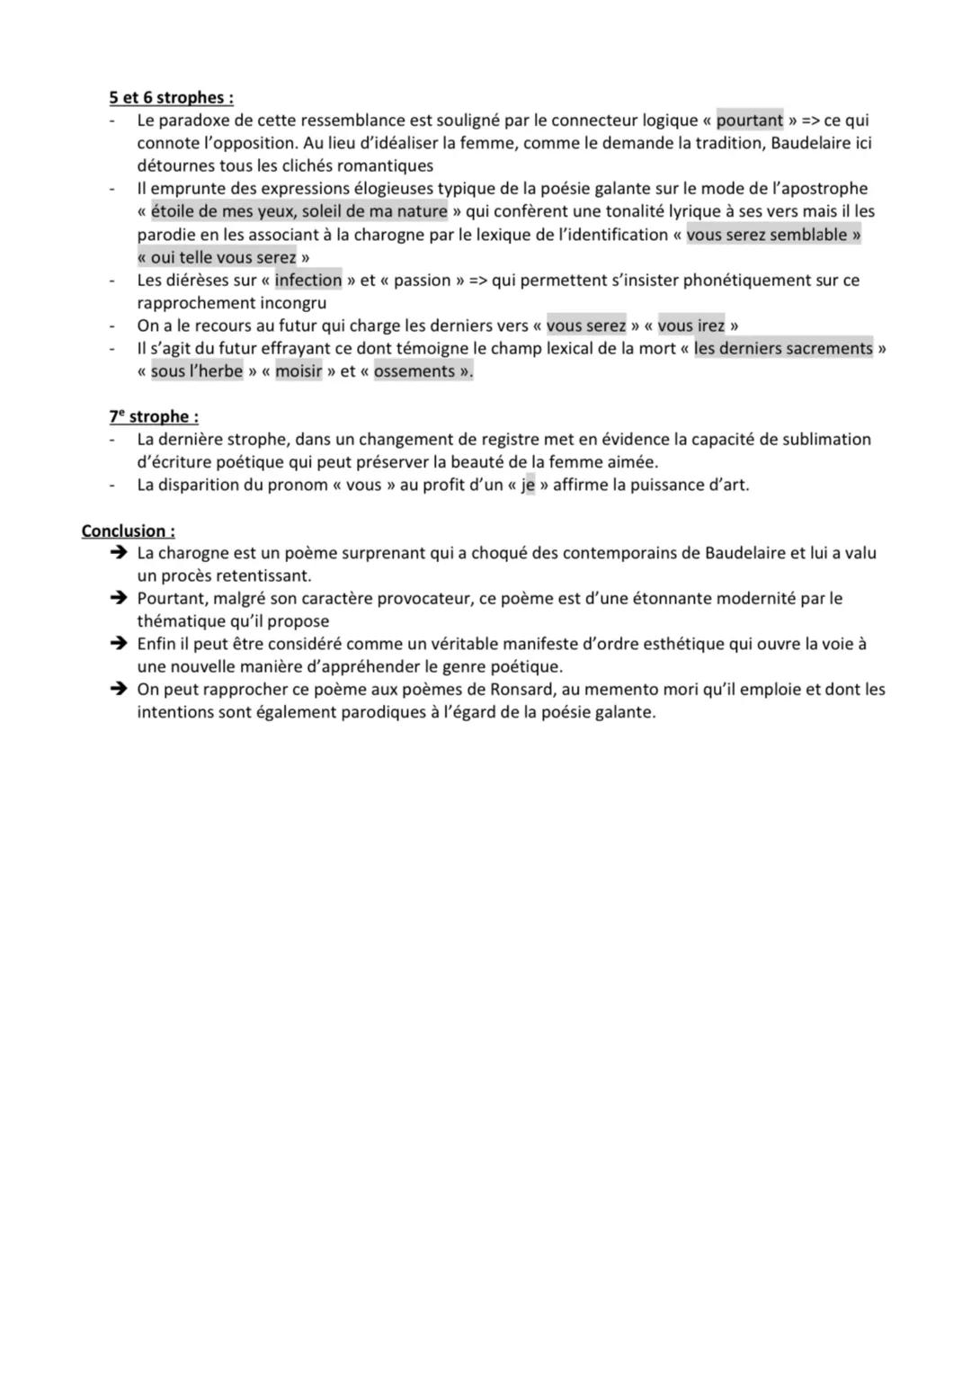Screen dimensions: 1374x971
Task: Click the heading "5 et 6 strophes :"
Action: [x=171, y=97]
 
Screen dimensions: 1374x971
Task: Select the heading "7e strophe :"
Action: [x=154, y=416]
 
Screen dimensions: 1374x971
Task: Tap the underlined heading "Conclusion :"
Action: [x=128, y=531]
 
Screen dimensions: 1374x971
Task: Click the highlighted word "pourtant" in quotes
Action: [x=750, y=120]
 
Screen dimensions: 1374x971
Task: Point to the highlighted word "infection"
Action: [x=308, y=280]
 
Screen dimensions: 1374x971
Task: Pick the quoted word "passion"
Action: [x=422, y=280]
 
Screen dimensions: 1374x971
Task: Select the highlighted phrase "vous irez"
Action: [x=690, y=326]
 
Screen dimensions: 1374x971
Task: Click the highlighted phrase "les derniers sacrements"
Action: [x=783, y=348]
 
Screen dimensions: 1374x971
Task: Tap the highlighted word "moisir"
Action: [x=298, y=371]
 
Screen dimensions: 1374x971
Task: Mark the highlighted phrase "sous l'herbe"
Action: [x=196, y=371]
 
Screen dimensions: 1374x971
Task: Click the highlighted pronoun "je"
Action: [x=528, y=485]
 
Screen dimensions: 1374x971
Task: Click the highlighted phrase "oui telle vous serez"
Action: [x=223, y=257]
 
